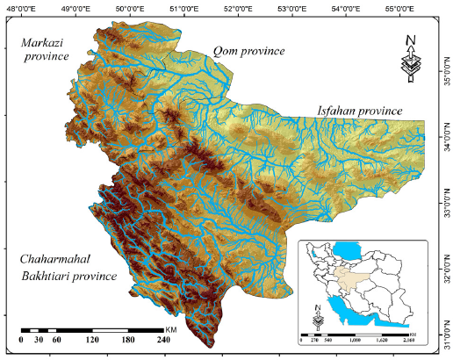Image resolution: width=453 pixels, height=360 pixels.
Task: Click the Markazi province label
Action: pyautogui.click(x=44, y=50)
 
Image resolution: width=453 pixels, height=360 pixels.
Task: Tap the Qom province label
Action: pyautogui.click(x=249, y=52)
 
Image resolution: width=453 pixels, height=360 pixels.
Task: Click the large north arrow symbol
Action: pyautogui.click(x=410, y=59)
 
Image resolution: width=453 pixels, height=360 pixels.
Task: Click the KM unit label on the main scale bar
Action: pyautogui.click(x=172, y=329)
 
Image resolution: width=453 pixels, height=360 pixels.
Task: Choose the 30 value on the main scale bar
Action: pyautogui.click(x=38, y=340)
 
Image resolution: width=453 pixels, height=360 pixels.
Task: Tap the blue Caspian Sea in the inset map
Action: pyautogui.click(x=352, y=248)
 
